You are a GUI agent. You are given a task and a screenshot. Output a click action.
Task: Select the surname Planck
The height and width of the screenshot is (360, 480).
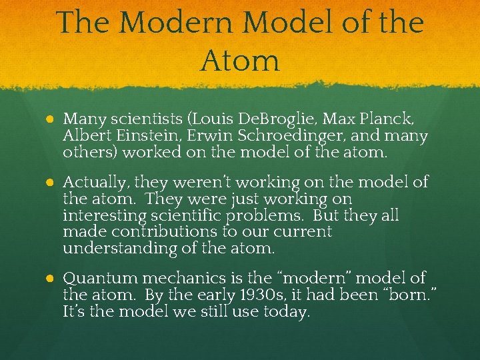click(393, 119)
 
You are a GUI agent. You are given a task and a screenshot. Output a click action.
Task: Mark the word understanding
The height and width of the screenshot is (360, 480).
click(118, 248)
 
